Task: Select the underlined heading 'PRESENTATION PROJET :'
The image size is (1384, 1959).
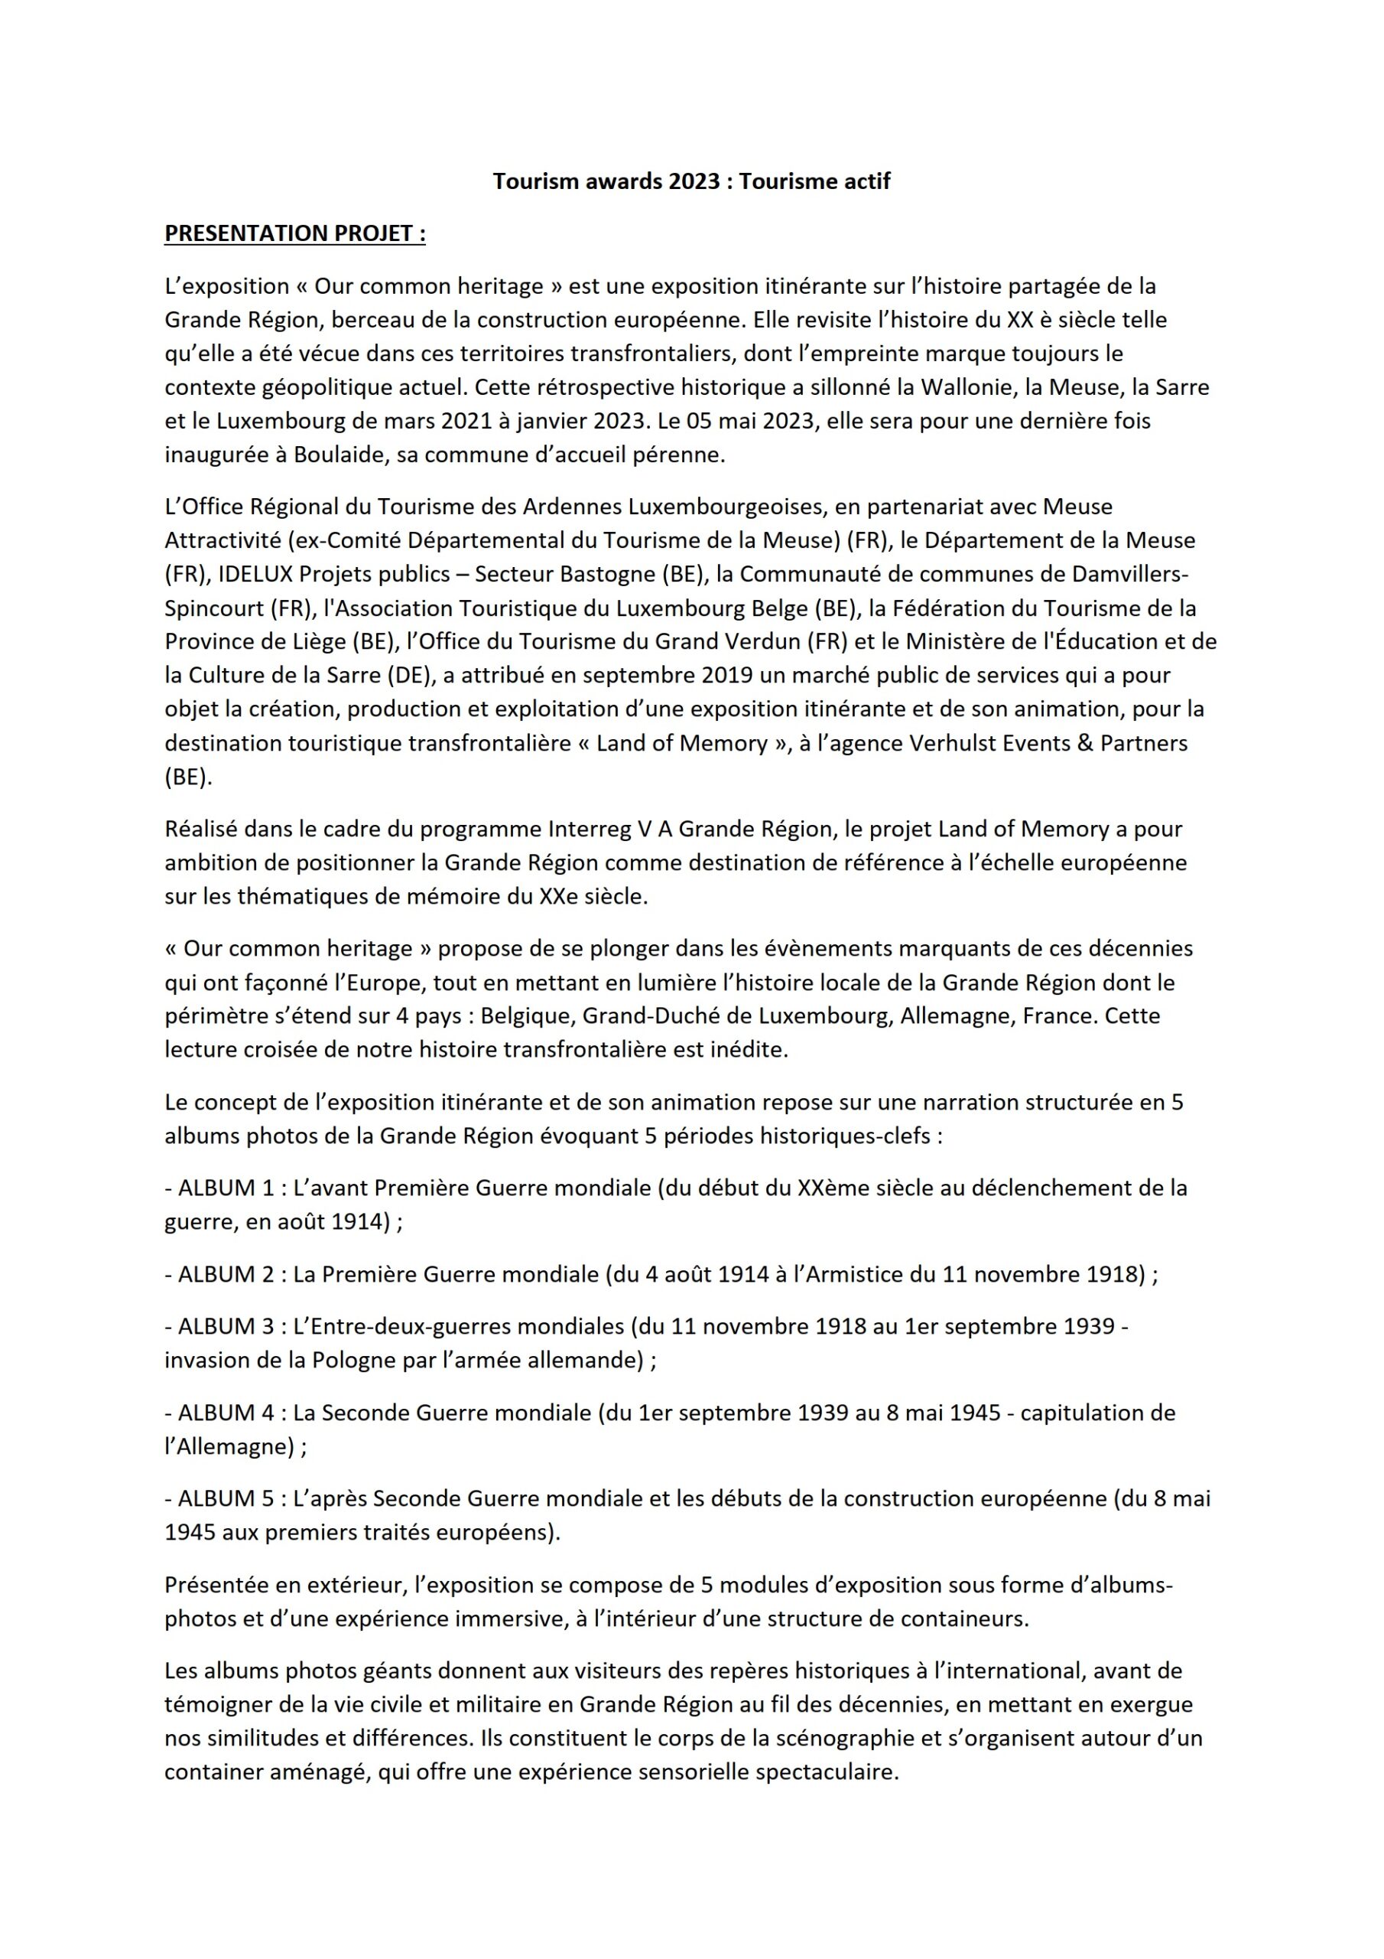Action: pyautogui.click(x=294, y=234)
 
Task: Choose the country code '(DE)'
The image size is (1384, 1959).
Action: pyautogui.click(x=410, y=675)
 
